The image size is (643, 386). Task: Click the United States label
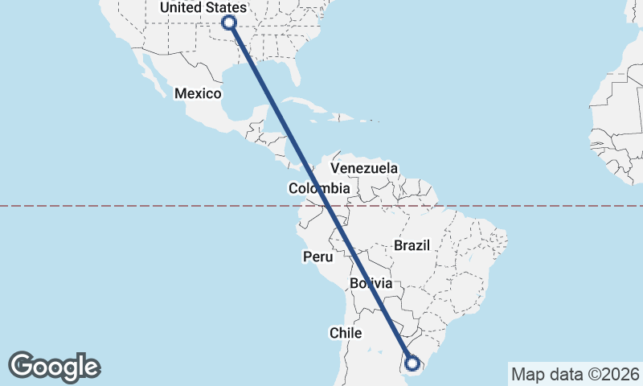coord(203,8)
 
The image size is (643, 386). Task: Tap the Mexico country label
coord(198,93)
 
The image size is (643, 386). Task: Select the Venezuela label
coord(364,169)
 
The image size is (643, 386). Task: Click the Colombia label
coord(319,188)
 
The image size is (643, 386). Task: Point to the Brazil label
coord(412,245)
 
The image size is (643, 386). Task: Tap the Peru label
coord(317,257)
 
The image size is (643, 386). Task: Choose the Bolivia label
coord(371,284)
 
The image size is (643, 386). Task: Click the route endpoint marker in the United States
coord(228,23)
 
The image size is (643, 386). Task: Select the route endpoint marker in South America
coord(412,363)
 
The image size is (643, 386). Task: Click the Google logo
coord(55,366)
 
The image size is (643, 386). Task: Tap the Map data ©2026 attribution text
coord(575,374)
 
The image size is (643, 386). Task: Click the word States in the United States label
coord(225,8)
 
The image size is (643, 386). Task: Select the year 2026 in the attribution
coord(620,374)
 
